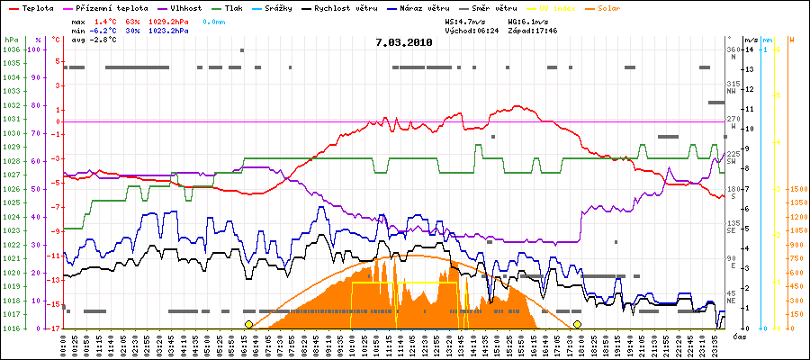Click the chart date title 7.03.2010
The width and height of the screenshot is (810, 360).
click(404, 42)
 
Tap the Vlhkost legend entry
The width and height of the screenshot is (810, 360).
click(185, 7)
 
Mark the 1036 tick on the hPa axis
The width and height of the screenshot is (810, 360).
click(11, 49)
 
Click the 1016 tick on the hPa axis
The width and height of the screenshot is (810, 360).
click(11, 328)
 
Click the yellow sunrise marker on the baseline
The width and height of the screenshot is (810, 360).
click(248, 324)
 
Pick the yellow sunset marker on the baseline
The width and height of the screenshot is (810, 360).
click(577, 324)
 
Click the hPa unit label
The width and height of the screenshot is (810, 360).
click(10, 40)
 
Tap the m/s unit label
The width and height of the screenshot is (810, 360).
click(750, 40)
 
